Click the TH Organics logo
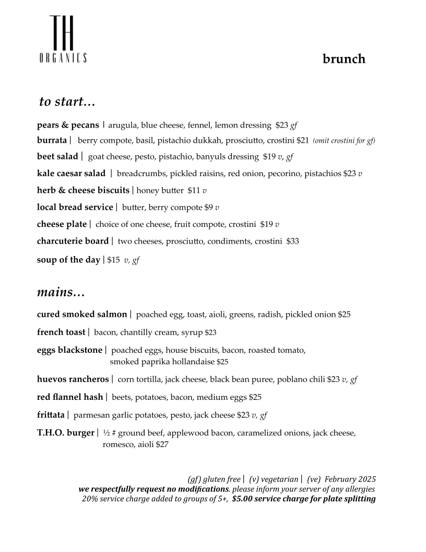point(63,40)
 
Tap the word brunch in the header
point(344,59)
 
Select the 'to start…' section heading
point(67,101)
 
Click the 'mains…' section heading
point(61,292)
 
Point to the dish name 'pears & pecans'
point(68,125)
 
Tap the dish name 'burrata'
point(52,141)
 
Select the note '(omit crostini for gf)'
point(344,141)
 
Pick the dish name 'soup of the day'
point(68,260)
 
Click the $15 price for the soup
point(113,260)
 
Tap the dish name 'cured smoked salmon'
point(82,315)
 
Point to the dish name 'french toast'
point(61,332)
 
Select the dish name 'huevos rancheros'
point(73,379)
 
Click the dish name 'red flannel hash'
point(70,397)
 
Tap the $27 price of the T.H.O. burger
point(162,445)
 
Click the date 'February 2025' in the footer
point(350,479)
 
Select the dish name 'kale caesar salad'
point(71,174)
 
